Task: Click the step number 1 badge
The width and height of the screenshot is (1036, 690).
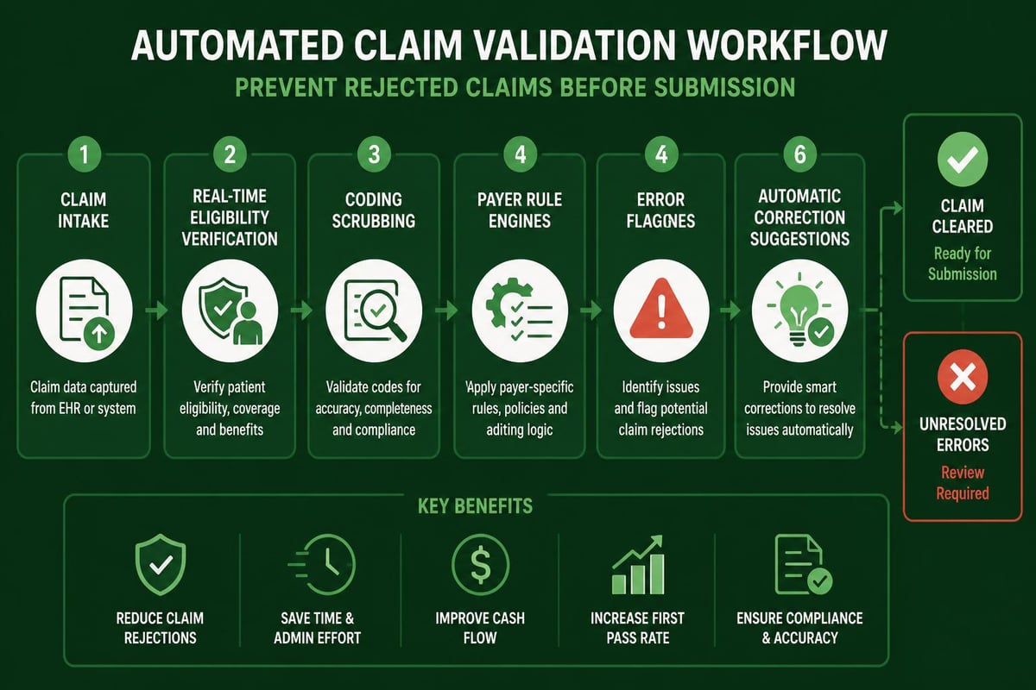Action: click(85, 154)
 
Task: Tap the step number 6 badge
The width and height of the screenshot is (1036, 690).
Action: click(799, 154)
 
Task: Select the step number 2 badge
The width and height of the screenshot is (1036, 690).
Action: click(230, 154)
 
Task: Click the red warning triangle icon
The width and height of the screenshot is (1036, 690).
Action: click(661, 308)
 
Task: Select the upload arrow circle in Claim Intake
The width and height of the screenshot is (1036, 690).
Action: click(99, 333)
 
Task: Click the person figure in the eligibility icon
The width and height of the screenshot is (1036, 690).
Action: click(248, 323)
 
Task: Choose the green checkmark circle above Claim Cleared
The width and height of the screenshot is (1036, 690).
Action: click(963, 159)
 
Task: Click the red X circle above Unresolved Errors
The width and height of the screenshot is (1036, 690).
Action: click(963, 377)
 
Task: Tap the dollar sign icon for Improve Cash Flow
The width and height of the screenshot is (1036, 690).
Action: click(481, 564)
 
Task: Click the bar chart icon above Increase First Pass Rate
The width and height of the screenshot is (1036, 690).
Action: click(638, 565)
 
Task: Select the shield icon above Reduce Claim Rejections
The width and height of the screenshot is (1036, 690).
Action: click(161, 565)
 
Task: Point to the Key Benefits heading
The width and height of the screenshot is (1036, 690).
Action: click(475, 506)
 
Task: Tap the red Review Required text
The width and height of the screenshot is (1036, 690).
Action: click(963, 483)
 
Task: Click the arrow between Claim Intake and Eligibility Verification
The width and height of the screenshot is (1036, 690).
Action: click(157, 310)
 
